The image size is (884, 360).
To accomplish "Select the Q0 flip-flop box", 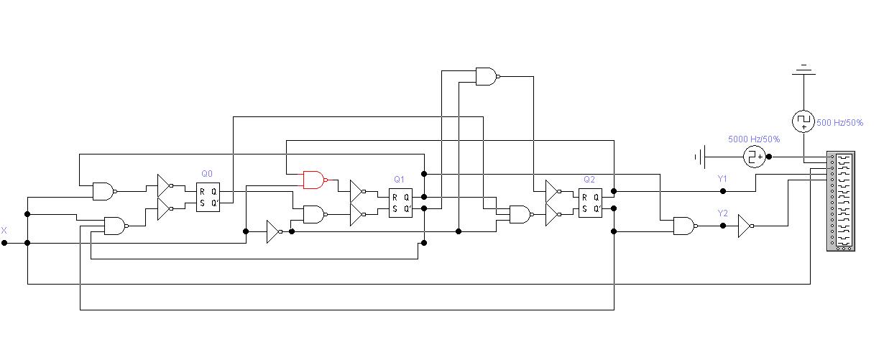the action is [x=208, y=197].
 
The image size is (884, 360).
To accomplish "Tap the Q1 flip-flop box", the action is [x=400, y=203].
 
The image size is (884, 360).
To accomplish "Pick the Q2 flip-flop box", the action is [x=590, y=203].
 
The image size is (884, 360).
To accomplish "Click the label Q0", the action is [x=207, y=174].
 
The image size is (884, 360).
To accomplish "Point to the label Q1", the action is [x=399, y=179].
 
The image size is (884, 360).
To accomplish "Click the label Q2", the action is [x=589, y=179].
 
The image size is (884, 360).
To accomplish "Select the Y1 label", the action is [x=722, y=178].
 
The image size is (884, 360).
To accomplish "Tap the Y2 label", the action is [x=722, y=213].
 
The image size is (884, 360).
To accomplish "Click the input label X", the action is [x=4, y=231].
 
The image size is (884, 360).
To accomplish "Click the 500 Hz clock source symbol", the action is [x=804, y=121].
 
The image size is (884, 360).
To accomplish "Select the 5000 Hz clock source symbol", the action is [x=755, y=157].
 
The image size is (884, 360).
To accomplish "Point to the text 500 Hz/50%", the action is [x=839, y=123].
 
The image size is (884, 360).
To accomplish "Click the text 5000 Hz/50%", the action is [x=754, y=139].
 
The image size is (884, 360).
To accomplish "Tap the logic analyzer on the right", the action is [x=841, y=201].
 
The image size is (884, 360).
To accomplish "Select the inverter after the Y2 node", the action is [x=745, y=226].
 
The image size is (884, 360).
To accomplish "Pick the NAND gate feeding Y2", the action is [x=686, y=226].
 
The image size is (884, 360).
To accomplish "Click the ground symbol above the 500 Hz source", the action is [x=804, y=70].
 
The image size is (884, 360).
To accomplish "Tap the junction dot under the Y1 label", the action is [x=722, y=191].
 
